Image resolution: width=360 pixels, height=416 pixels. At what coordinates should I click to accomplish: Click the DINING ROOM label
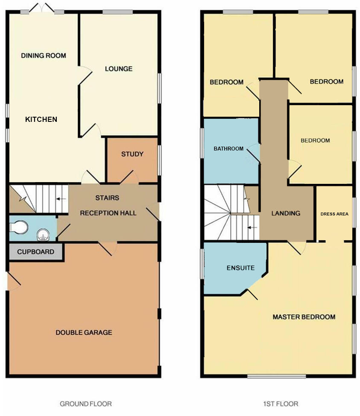click(x=44, y=56)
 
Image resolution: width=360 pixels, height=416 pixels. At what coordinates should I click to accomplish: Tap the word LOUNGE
click(x=118, y=69)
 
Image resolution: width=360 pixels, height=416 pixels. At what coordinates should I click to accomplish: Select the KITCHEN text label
click(x=41, y=119)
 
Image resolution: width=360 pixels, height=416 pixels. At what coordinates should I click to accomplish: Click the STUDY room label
click(x=132, y=154)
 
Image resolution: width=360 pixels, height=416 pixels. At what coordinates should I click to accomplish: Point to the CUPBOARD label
click(x=36, y=252)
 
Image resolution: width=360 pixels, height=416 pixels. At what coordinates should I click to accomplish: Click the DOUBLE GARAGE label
click(x=84, y=332)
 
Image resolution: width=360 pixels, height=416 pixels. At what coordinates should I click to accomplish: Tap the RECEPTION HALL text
click(x=108, y=213)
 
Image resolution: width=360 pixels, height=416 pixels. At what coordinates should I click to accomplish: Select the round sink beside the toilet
click(x=43, y=234)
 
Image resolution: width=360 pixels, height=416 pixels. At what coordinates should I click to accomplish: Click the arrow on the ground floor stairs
click(x=61, y=199)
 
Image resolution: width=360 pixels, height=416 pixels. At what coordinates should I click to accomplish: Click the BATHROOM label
click(x=228, y=149)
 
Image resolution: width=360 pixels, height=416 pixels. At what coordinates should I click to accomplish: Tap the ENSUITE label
click(x=240, y=268)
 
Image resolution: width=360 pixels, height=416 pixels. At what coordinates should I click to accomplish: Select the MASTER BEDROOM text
click(x=304, y=317)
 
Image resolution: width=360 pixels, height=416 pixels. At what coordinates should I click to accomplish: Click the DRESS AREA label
click(x=334, y=214)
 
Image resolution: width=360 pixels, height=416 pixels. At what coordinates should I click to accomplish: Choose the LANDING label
click(x=286, y=213)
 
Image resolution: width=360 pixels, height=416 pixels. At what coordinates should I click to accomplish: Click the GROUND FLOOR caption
click(x=86, y=404)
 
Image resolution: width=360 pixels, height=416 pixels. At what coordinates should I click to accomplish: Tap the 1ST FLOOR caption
click(x=281, y=404)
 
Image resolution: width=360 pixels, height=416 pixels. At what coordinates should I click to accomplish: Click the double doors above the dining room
click(x=42, y=9)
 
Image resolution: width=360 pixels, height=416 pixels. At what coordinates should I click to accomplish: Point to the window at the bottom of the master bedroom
click(x=276, y=376)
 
